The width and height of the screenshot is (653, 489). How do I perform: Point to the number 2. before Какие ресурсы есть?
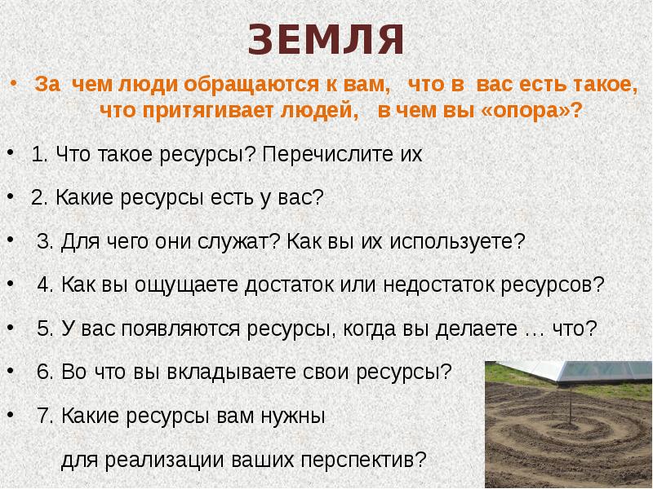(38, 198)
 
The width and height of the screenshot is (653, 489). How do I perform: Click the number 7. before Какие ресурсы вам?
(45, 416)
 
